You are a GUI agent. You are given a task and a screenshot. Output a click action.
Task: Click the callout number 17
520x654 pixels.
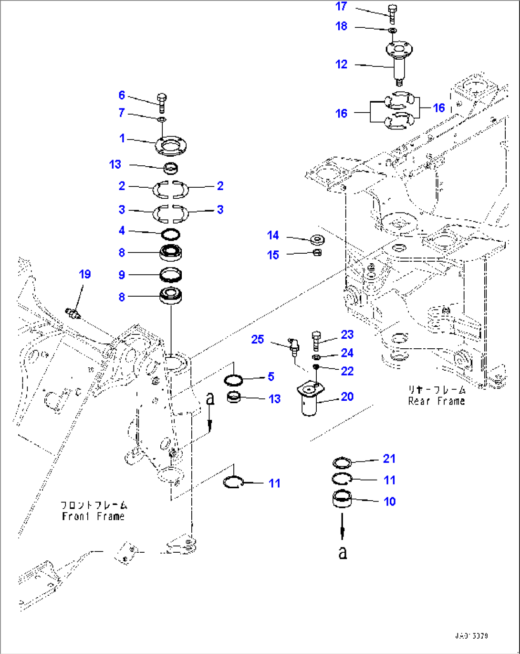pyautogui.click(x=341, y=6)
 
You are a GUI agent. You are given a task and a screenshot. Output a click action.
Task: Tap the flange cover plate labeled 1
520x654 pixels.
pyautogui.click(x=170, y=146)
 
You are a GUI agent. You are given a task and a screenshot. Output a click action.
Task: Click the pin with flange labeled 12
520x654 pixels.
pyautogui.click(x=399, y=60)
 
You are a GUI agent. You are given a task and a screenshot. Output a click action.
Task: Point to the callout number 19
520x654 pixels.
pyautogui.click(x=84, y=274)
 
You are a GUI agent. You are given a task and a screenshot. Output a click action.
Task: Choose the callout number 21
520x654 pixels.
pyautogui.click(x=389, y=459)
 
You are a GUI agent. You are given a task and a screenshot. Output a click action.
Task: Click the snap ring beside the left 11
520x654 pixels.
pyautogui.click(x=234, y=482)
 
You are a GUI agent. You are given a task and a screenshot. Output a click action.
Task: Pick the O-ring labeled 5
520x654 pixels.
pyautogui.click(x=233, y=380)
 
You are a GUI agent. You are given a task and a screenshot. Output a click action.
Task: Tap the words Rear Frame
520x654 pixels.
pyautogui.click(x=436, y=401)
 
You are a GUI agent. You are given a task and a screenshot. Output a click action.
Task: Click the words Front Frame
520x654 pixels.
pyautogui.click(x=93, y=516)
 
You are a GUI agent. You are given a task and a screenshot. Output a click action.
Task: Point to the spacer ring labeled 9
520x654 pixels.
pyautogui.click(x=170, y=275)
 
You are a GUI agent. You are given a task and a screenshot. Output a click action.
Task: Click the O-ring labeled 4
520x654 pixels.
pyautogui.click(x=170, y=234)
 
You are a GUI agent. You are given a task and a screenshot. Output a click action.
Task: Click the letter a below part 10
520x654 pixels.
pyautogui.click(x=343, y=552)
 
